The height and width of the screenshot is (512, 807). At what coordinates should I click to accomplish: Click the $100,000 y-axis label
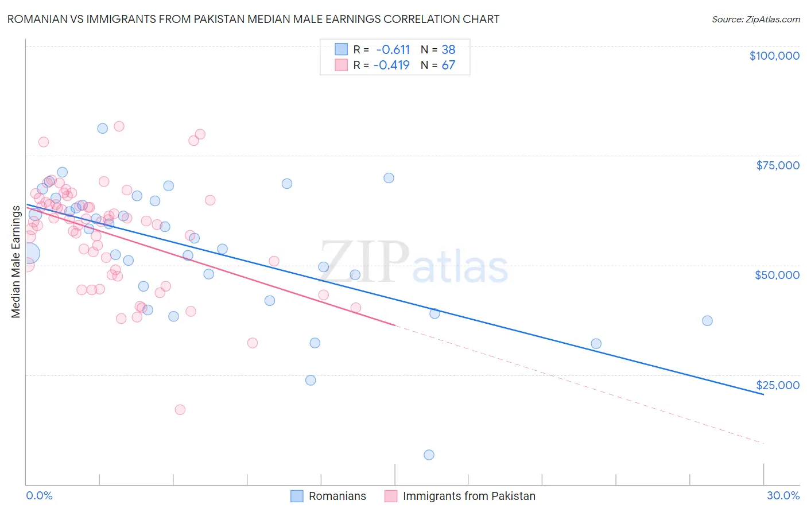click(x=774, y=56)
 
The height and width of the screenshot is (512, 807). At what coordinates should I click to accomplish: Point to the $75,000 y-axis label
click(x=777, y=165)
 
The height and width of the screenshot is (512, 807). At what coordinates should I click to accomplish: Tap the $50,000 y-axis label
click(x=777, y=275)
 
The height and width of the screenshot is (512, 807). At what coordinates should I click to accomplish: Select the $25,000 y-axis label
click(x=777, y=385)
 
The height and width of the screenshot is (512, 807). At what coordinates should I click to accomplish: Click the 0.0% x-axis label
click(x=39, y=495)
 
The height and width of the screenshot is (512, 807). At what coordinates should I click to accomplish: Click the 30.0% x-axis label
click(x=783, y=495)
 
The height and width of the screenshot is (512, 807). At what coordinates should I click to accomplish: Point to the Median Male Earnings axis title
click(x=16, y=262)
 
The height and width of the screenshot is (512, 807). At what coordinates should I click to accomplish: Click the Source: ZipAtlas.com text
click(x=755, y=19)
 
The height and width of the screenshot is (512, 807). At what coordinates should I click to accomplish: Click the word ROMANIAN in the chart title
click(x=37, y=19)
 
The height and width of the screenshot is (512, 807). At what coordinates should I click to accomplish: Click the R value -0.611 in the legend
click(x=393, y=49)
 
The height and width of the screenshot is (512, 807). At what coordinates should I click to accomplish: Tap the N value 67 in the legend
click(x=448, y=65)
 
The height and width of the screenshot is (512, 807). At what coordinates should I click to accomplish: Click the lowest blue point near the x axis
click(x=429, y=455)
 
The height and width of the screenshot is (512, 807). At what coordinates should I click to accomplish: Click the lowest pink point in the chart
click(x=180, y=409)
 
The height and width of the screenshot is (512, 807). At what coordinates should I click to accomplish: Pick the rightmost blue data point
click(x=707, y=320)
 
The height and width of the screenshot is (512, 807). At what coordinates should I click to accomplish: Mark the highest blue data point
click(x=102, y=128)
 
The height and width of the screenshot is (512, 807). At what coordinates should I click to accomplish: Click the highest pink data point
click(x=119, y=126)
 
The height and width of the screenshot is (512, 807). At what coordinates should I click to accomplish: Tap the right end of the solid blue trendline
click(x=763, y=395)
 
